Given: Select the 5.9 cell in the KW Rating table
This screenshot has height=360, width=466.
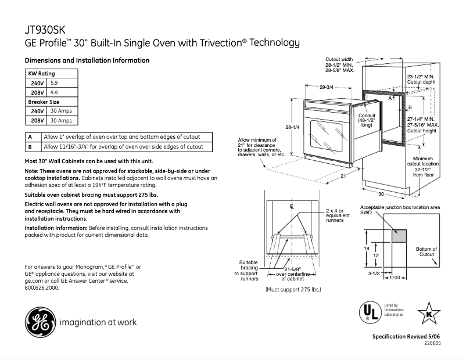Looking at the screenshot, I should (55, 83).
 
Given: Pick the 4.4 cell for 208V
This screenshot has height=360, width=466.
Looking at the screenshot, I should (55, 92).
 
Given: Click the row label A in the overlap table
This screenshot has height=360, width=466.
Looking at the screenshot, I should (30, 137).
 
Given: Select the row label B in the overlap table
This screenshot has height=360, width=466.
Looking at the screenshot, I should (30, 147).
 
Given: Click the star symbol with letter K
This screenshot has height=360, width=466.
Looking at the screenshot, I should (429, 314).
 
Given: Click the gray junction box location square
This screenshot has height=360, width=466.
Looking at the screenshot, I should (398, 235).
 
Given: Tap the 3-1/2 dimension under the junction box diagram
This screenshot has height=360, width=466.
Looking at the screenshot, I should (374, 272).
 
